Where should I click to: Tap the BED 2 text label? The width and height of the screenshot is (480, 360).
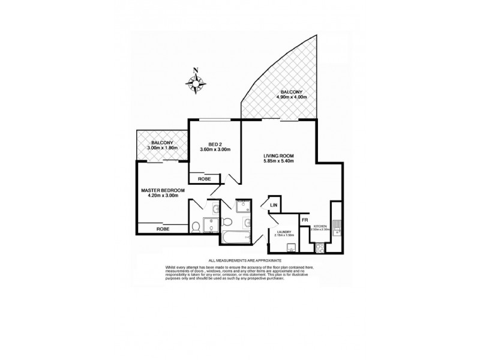[x=216, y=145]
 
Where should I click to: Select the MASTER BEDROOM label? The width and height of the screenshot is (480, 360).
[x=163, y=190]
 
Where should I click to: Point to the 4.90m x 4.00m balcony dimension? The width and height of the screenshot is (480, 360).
[x=292, y=97]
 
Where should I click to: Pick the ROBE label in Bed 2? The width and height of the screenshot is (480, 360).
[x=200, y=178]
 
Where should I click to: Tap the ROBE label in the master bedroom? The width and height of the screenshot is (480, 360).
[x=162, y=229]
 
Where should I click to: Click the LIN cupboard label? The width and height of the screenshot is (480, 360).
[x=274, y=205]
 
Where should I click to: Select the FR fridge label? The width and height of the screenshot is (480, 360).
[x=305, y=220]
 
